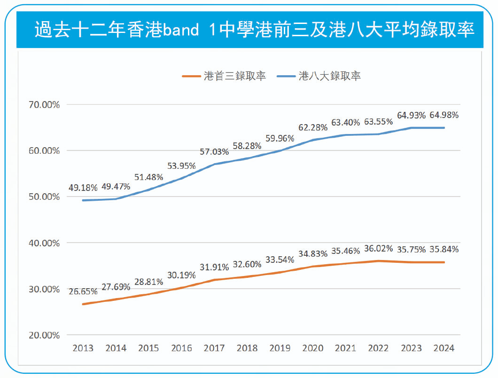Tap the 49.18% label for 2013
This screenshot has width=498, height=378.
[x=83, y=187]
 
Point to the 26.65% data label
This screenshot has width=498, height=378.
[x=83, y=291]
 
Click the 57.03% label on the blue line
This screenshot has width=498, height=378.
[x=214, y=152]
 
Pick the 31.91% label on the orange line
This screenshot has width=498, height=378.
[x=214, y=267]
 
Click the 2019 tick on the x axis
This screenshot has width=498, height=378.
[x=280, y=348]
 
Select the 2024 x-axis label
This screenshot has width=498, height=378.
[x=444, y=348]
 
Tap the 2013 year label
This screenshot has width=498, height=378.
[x=83, y=348]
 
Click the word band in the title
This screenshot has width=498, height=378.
[x=181, y=30]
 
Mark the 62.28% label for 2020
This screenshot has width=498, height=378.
[x=313, y=127]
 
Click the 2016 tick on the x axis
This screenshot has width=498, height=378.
[x=181, y=348]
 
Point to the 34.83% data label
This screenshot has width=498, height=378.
[x=313, y=254]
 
